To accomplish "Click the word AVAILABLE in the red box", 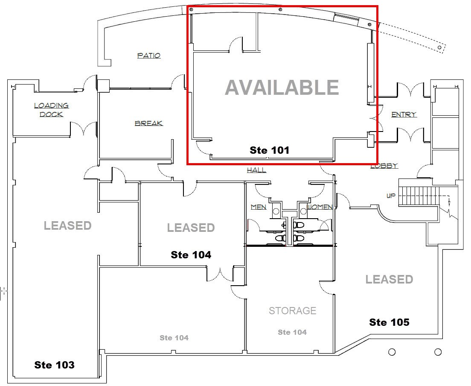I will click(x=282, y=88).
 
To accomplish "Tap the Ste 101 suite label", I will click(x=269, y=150).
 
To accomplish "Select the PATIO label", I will click(x=149, y=56).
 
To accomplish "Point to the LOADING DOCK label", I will click(x=51, y=110).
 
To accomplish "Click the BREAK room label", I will click(x=149, y=123).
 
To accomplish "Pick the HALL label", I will click(x=256, y=170).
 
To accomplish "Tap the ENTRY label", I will click(x=404, y=114).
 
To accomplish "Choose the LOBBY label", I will click(x=384, y=166).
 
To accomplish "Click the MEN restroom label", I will click(x=259, y=207).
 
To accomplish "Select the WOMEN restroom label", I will click(x=320, y=207).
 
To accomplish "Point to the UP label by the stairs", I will click(x=391, y=196).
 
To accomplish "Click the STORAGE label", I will click(x=292, y=311).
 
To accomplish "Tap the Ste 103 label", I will click(x=54, y=365).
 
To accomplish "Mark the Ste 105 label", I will click(x=389, y=322).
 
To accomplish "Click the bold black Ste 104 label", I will click(x=191, y=255).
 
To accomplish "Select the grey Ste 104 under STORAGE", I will click(x=292, y=332).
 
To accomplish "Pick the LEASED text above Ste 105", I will click(x=389, y=280).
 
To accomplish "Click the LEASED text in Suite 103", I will click(x=67, y=225).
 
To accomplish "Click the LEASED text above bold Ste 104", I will click(x=191, y=228).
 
